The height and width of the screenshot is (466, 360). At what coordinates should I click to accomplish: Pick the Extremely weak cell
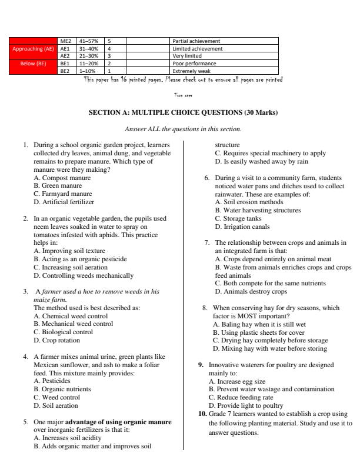(188, 71)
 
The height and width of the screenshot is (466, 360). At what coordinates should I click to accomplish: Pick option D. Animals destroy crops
(251, 291)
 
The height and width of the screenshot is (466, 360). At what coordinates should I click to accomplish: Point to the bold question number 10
(201, 414)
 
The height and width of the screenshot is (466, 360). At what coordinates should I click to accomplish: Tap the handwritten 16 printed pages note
(183, 79)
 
